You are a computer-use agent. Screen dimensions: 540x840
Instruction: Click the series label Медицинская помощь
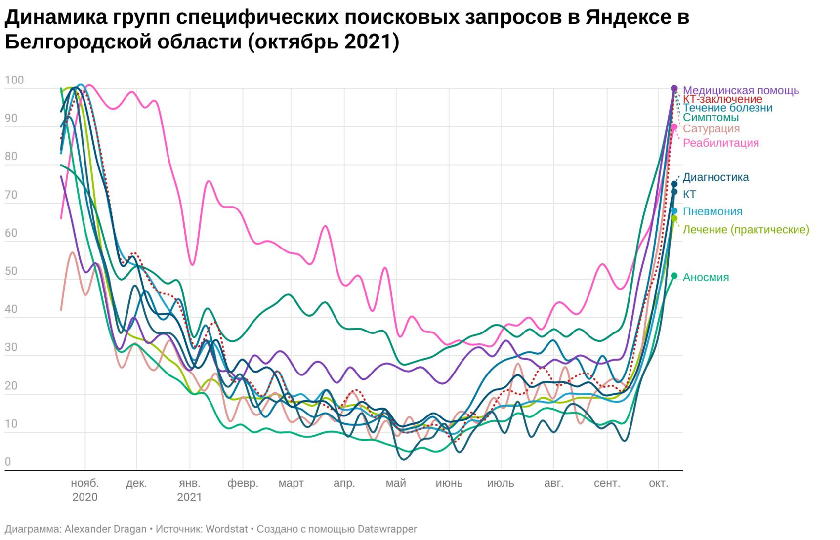tap(740, 90)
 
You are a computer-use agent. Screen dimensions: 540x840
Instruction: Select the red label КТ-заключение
tap(722, 99)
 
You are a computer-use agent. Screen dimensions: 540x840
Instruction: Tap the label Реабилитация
tap(720, 143)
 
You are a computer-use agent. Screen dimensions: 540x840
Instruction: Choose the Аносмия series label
tap(706, 277)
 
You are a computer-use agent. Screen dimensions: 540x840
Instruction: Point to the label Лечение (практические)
tap(746, 229)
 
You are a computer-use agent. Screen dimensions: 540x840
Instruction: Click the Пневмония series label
tap(712, 211)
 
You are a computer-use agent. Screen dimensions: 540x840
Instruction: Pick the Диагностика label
tap(715, 177)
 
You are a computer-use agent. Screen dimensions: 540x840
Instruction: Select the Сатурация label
tap(711, 128)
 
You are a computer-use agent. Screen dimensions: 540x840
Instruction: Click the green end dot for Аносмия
tap(674, 276)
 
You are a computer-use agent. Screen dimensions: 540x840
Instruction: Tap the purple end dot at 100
tap(674, 89)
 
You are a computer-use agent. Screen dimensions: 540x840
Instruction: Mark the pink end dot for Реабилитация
tap(674, 127)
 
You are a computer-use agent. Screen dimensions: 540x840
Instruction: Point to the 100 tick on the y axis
tap(14, 80)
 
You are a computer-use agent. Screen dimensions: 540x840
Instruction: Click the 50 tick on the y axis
tap(11, 271)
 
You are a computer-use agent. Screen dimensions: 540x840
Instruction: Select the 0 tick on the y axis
tap(8, 462)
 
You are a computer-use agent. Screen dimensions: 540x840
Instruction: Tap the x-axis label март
tap(291, 483)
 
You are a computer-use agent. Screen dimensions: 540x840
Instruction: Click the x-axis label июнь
tap(449, 483)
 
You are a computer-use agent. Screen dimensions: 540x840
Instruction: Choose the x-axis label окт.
tap(658, 483)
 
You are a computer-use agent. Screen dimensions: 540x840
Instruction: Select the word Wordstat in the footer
tap(226, 529)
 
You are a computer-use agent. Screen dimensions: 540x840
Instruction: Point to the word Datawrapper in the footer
tap(387, 529)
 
